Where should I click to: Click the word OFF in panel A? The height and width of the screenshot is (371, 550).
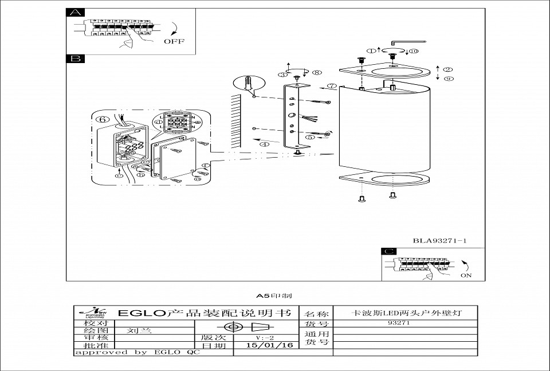174,41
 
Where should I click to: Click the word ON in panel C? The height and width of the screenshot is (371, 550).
466,275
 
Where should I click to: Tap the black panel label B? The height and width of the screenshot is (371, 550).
75,58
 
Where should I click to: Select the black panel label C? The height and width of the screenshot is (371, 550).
389,252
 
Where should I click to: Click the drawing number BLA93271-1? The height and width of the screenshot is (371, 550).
440,241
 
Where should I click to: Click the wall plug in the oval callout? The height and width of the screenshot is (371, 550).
248,84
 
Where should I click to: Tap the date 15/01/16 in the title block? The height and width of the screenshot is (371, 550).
269,345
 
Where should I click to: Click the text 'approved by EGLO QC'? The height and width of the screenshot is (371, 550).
137,353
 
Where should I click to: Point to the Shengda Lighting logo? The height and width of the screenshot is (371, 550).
94,313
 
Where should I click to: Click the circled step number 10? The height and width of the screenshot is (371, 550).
414,51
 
